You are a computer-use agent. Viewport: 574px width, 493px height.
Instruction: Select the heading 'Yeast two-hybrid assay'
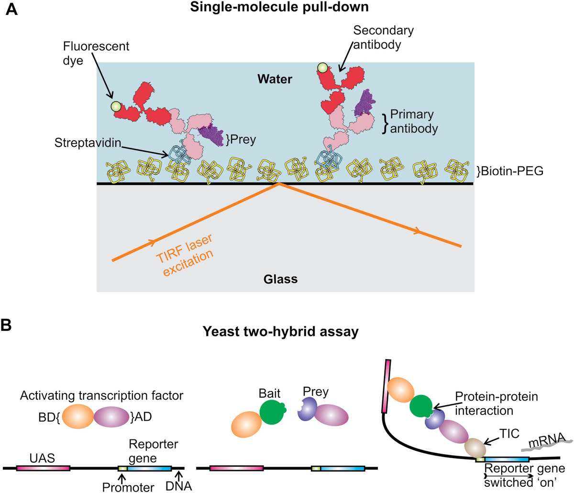coord(280,331)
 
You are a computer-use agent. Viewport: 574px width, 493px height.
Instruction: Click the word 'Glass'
coord(280,279)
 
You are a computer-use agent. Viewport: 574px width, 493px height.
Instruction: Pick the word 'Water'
coord(275,79)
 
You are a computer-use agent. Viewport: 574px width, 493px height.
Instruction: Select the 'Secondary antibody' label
coord(383,37)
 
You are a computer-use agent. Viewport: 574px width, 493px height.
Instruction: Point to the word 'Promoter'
coord(128,487)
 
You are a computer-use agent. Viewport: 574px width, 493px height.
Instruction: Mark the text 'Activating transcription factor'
coord(101,395)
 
